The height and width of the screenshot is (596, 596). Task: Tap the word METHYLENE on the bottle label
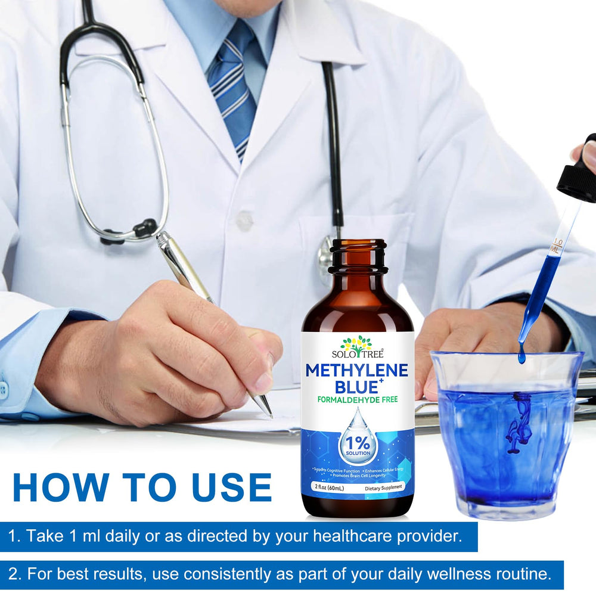tap(356, 371)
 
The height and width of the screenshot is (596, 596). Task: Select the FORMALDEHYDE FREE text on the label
tap(356, 401)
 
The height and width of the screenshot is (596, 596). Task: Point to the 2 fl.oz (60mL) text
tap(327, 488)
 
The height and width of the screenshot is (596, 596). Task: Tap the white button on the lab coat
tap(244, 221)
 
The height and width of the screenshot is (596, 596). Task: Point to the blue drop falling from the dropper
tap(522, 356)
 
